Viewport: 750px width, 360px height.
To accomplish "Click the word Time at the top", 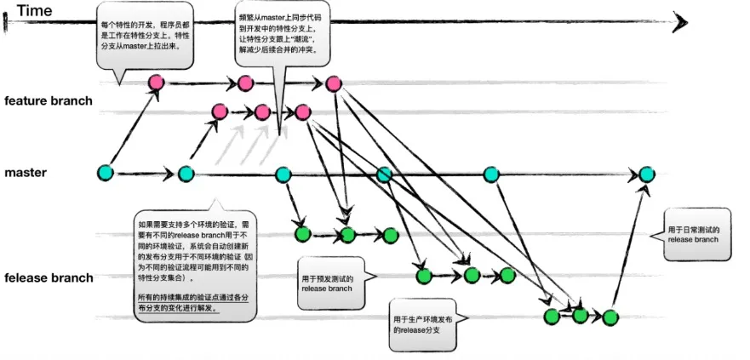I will (x=34, y=11).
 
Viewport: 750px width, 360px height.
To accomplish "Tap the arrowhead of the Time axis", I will (x=680, y=21).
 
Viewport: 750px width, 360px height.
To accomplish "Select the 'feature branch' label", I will (x=49, y=101).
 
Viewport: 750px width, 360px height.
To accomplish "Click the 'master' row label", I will (x=26, y=173).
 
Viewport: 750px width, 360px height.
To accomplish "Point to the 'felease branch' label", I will (x=49, y=278).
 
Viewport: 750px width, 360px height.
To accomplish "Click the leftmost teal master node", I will (x=106, y=173).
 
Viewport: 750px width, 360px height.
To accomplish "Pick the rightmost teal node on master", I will (x=647, y=174).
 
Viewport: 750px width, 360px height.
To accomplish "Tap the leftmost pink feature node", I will (x=156, y=83).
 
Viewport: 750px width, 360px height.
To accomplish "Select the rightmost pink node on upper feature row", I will (x=333, y=83).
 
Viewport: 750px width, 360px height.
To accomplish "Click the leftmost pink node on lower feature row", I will (x=219, y=111).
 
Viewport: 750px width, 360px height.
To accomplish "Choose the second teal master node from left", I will (x=186, y=174).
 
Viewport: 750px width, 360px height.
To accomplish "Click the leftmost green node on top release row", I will (x=301, y=234).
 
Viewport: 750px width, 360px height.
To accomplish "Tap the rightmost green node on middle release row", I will (x=508, y=275).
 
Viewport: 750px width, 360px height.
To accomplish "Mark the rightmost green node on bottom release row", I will (x=610, y=316).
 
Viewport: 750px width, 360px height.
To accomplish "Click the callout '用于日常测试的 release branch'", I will (x=694, y=235).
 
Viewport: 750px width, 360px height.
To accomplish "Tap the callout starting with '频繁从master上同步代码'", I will (x=281, y=34).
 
